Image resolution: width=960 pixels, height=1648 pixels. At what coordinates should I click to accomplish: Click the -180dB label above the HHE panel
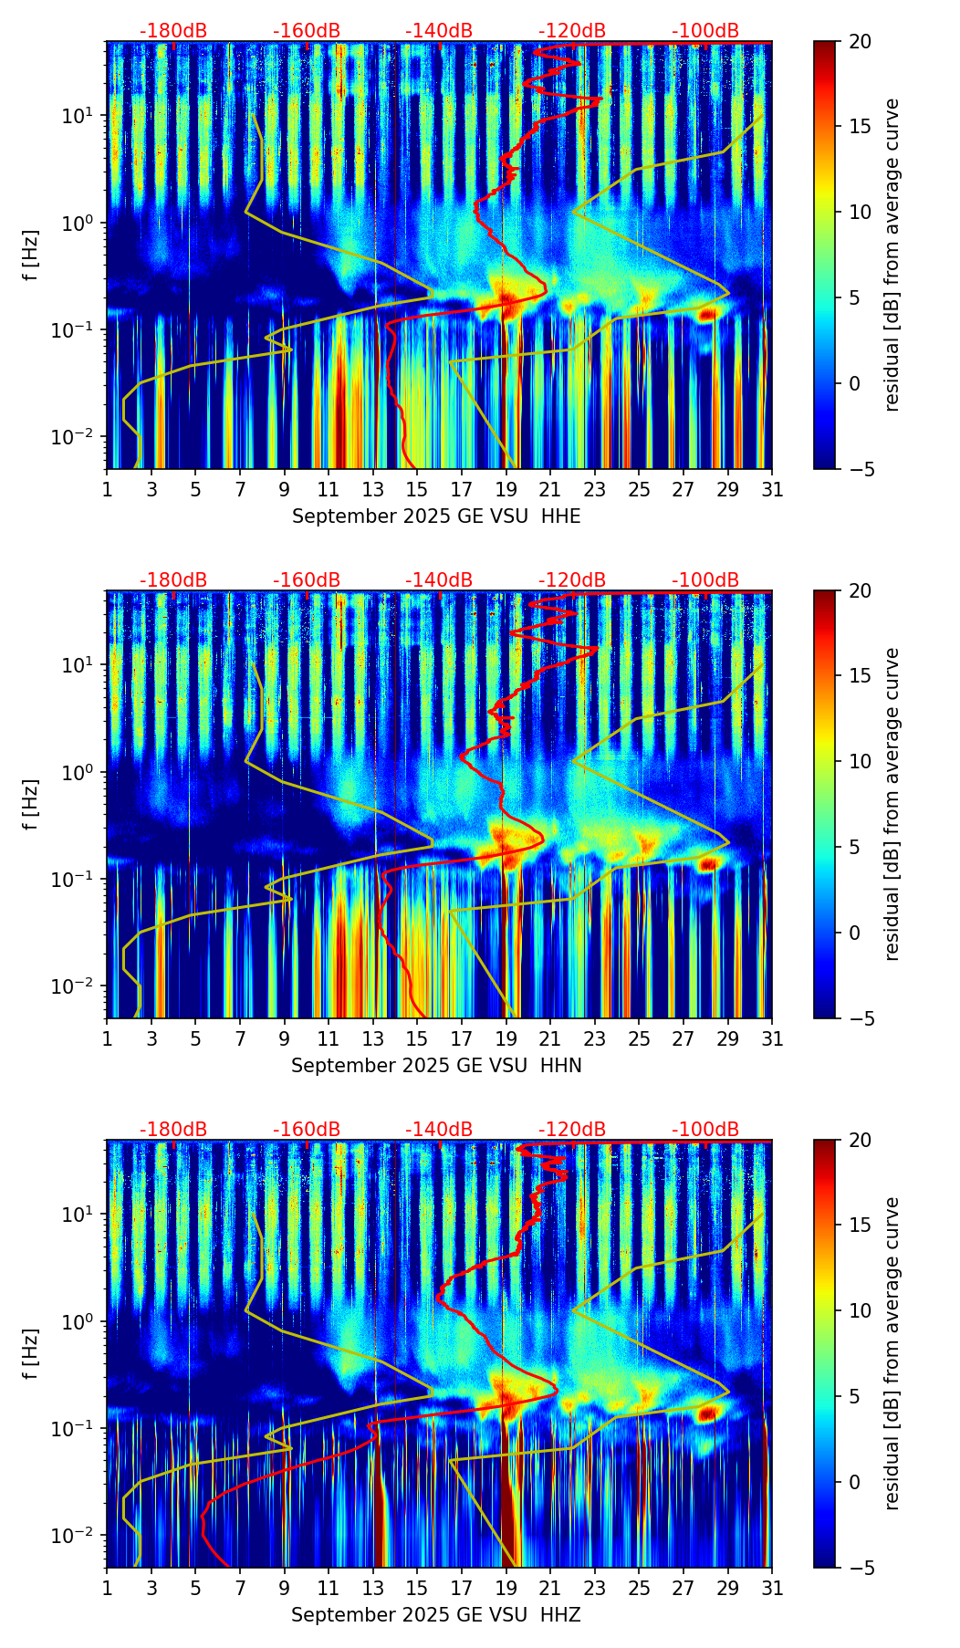173,31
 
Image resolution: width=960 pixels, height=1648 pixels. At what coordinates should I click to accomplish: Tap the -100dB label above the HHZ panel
705,1130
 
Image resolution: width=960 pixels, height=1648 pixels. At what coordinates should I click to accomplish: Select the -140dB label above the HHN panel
439,580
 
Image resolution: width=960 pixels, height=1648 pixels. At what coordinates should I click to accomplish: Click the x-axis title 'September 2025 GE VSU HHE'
436,516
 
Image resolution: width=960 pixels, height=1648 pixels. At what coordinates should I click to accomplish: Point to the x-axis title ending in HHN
436,1066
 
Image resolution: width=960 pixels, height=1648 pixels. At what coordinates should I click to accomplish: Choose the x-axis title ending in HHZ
436,1615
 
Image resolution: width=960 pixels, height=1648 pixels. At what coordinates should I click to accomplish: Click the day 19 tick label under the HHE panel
506,490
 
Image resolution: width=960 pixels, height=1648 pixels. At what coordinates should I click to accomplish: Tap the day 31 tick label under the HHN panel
772,1039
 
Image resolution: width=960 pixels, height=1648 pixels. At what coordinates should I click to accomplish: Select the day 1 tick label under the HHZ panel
108,1589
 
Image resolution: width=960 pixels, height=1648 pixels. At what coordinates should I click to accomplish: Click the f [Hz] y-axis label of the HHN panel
31,804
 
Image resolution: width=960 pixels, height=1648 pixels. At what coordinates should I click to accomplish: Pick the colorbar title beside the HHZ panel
892,1353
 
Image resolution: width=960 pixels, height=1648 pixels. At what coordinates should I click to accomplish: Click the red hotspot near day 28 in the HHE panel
706,315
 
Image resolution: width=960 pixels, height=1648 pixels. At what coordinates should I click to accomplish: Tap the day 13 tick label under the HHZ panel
373,1589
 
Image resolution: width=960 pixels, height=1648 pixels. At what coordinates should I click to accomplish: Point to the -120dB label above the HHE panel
572,31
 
